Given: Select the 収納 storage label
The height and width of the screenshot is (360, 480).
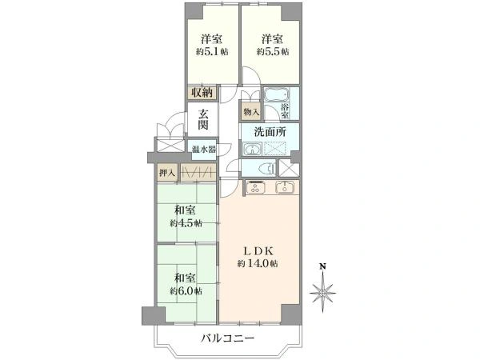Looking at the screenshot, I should pos(201,92).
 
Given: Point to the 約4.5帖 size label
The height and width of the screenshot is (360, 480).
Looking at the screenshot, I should pos(186,223).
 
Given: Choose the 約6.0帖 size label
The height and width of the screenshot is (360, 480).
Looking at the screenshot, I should pos(186,290).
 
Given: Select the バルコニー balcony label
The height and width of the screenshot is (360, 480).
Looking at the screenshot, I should pos(227,339).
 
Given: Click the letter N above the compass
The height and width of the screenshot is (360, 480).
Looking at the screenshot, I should pos(322,267).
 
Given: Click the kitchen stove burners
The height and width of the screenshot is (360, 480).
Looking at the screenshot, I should pos(257,189).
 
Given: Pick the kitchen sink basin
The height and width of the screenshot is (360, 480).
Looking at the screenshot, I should pos(286,189).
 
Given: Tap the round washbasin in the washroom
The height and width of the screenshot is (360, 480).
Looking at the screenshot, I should pos(252,148).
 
